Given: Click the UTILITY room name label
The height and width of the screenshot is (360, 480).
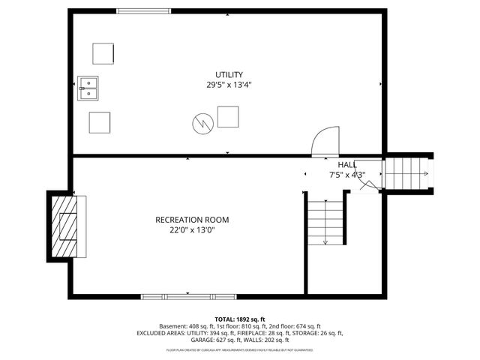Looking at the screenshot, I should click(x=229, y=74).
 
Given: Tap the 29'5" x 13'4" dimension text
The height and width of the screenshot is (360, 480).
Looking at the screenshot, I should click(x=229, y=85).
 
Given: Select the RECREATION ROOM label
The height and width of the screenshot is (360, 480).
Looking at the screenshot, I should click(x=192, y=220).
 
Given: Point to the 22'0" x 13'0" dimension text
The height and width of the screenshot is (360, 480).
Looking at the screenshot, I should click(x=192, y=230).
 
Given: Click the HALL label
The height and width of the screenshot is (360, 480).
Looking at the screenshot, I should click(x=346, y=165).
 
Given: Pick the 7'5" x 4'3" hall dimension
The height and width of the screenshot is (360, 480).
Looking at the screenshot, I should click(x=346, y=175).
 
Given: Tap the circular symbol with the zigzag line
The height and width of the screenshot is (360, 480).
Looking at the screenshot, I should click(x=201, y=123).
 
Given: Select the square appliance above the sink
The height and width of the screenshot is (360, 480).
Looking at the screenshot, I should click(x=103, y=54).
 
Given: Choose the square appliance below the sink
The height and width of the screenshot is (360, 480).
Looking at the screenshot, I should click(x=99, y=122).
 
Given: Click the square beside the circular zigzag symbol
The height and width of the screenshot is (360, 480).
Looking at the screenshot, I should click(x=228, y=117).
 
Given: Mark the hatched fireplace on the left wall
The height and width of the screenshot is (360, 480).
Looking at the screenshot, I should click(x=63, y=226).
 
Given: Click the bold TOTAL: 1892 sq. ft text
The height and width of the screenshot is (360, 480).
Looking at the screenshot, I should click(x=240, y=319).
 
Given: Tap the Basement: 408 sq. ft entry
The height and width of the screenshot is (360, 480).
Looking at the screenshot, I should click(x=186, y=326).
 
